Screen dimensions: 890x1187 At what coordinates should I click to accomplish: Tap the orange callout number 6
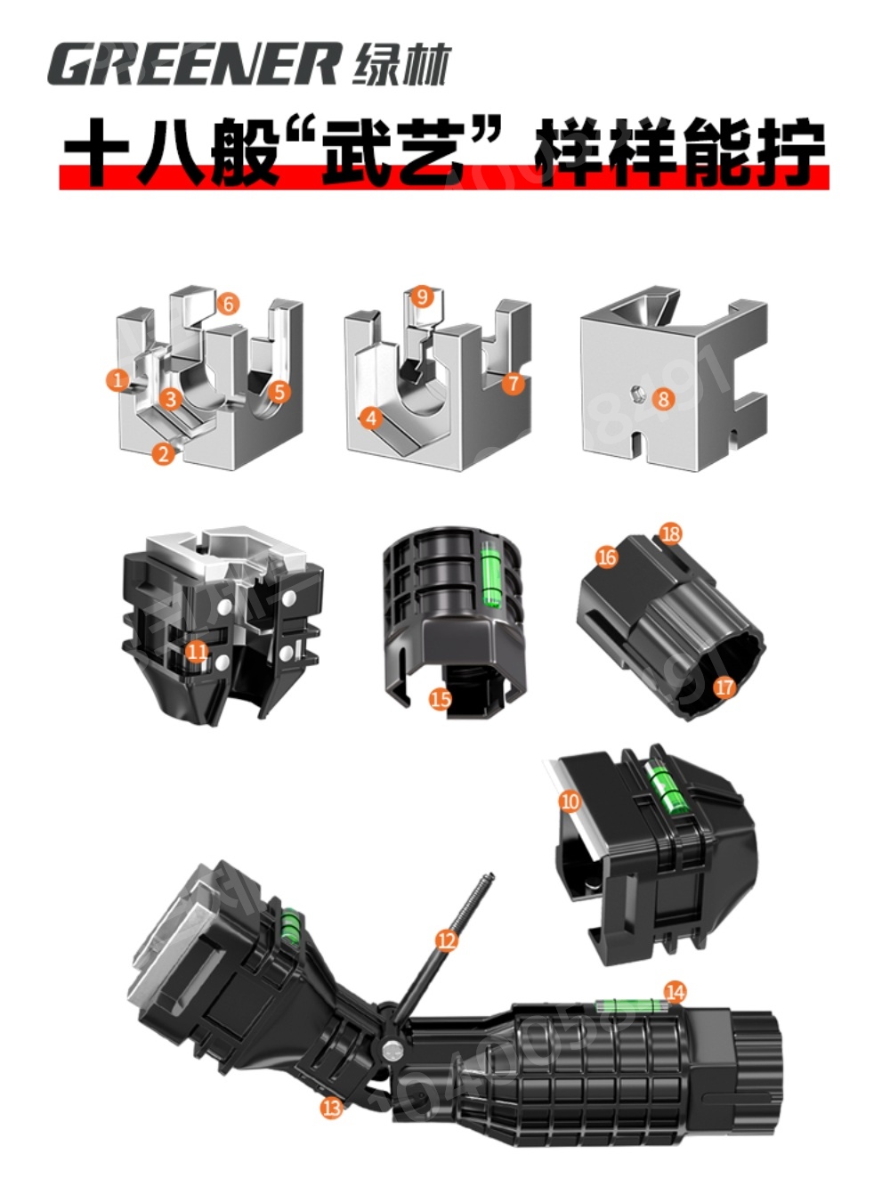click(x=228, y=304)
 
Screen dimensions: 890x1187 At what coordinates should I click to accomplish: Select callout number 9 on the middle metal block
click(x=422, y=297)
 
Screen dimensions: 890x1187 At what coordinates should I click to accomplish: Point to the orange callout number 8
click(x=664, y=399)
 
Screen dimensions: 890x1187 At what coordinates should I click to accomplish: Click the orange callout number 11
click(x=197, y=651)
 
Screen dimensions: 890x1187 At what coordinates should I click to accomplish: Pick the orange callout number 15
click(x=440, y=700)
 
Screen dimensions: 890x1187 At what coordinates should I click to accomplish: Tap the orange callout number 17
click(x=724, y=687)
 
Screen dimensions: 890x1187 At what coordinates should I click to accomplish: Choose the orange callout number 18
click(x=670, y=534)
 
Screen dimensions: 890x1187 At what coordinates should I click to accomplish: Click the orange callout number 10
click(x=570, y=801)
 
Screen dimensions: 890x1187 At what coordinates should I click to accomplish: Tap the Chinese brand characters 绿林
click(x=401, y=64)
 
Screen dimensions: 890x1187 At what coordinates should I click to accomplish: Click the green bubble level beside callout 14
click(x=630, y=1004)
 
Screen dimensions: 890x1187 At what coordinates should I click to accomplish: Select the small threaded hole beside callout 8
click(x=637, y=394)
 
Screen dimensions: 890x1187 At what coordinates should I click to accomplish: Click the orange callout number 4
click(x=371, y=418)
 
